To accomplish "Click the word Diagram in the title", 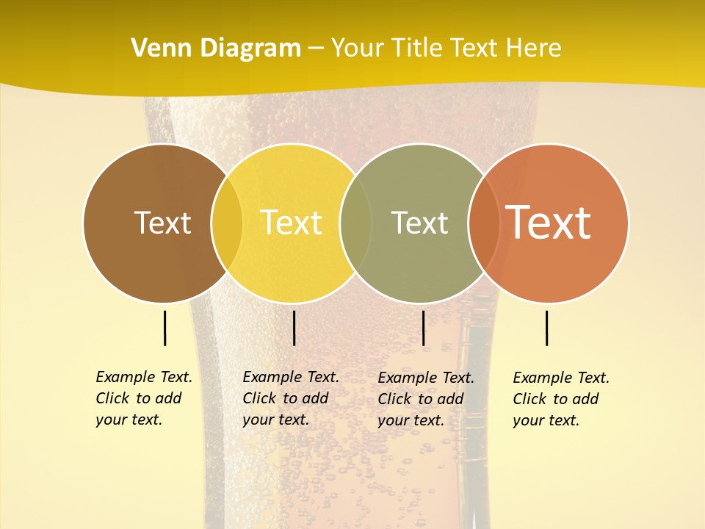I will pyautogui.click(x=249, y=48).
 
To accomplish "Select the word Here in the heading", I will pyautogui.click(x=535, y=48).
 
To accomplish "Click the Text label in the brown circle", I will pyautogui.click(x=162, y=223).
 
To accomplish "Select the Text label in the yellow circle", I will pyautogui.click(x=292, y=223).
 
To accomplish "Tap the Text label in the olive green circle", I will pyautogui.click(x=419, y=223).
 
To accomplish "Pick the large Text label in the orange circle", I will pyautogui.click(x=549, y=222).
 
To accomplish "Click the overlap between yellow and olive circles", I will pyautogui.click(x=356, y=223).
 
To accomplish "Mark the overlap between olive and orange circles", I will pyautogui.click(x=484, y=223).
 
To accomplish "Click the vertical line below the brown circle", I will pyautogui.click(x=164, y=328).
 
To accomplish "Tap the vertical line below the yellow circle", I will pyautogui.click(x=294, y=328).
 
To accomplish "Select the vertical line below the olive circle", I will pyautogui.click(x=423, y=328).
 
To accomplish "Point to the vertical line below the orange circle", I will pyautogui.click(x=547, y=328).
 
